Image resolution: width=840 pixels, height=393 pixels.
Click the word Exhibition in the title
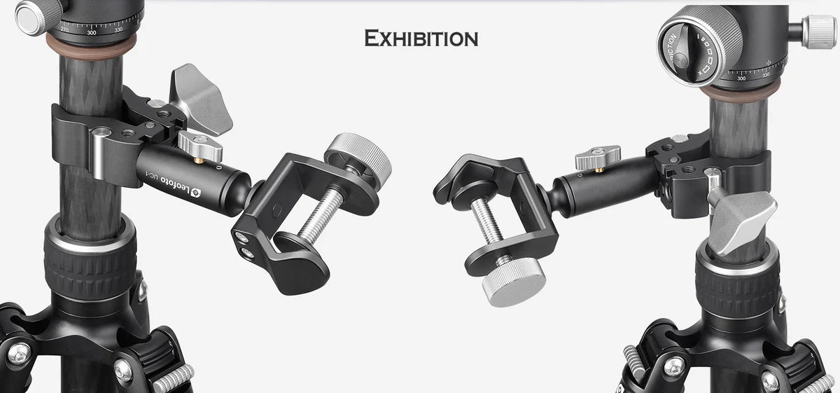point(421,38)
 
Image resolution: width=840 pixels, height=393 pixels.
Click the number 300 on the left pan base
point(92,32)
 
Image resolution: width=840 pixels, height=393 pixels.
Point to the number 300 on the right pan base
point(741,78)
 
